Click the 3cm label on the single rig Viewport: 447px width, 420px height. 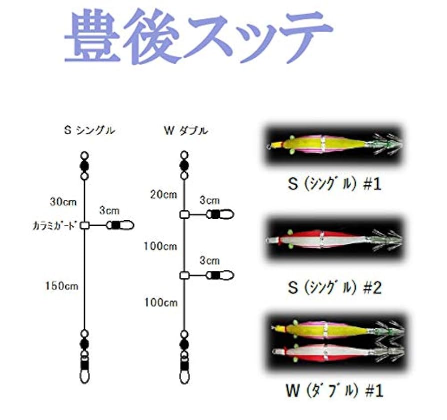click(x=110, y=210)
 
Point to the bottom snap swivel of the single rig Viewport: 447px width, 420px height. click(x=84, y=368)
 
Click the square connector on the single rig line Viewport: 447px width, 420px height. click(x=84, y=225)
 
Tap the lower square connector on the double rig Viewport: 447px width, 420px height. click(x=184, y=275)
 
